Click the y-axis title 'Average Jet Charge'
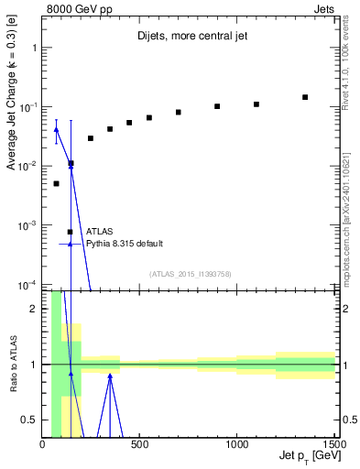click(12, 109)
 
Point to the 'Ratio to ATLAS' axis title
click(12, 365)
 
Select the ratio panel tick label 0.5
click(29, 420)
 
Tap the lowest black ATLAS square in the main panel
click(56, 183)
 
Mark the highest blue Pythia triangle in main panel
click(56, 129)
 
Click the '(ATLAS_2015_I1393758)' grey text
click(164, 273)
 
